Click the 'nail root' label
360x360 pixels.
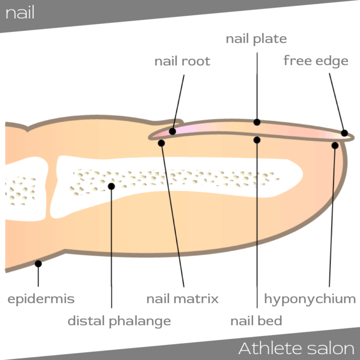click(182, 61)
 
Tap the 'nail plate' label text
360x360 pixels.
click(256, 38)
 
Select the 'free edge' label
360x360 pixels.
click(315, 61)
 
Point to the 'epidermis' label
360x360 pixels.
click(41, 299)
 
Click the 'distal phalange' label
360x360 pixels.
click(119, 321)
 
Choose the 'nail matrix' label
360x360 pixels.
click(182, 299)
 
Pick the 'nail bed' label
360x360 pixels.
click(256, 321)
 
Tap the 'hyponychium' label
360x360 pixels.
click(310, 299)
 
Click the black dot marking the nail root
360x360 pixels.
click(172, 131)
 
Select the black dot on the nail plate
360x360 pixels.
click(257, 122)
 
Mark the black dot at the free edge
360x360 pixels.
click(345, 133)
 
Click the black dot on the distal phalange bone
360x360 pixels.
click(111, 186)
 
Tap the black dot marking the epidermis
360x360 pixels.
click(38, 263)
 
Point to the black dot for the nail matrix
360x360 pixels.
click(161, 143)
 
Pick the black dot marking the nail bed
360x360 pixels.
click(257, 140)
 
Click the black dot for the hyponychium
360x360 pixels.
click(335, 145)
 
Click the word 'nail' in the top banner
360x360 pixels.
click(20, 13)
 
